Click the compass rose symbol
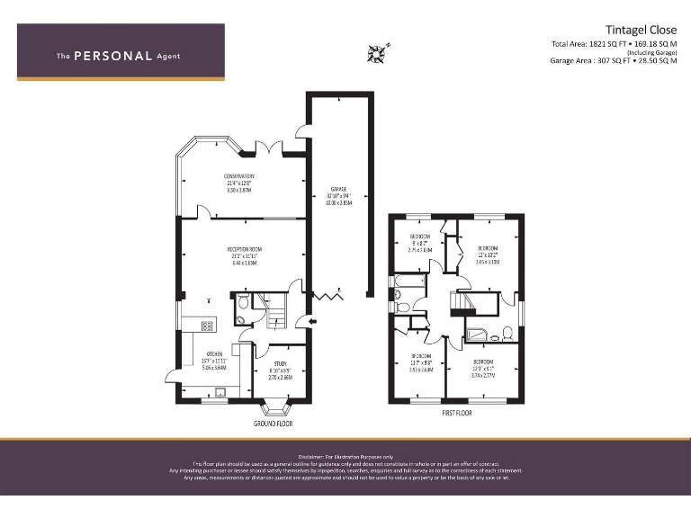coord(377,53)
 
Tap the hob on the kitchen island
coord(206,326)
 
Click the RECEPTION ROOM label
coord(245,254)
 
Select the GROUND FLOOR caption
coord(274,423)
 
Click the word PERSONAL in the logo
coord(112,56)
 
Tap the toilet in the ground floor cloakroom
coord(241,317)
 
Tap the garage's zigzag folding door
coord(328,295)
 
